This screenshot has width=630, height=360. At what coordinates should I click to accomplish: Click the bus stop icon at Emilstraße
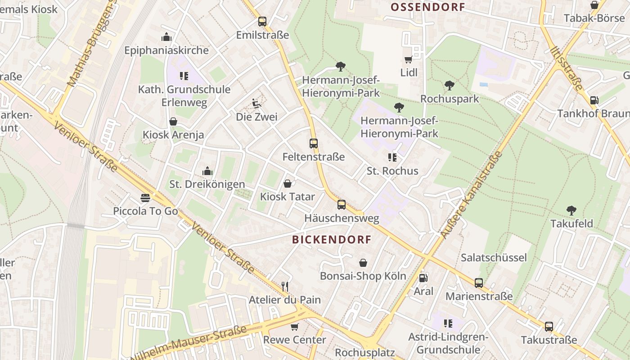pyautogui.click(x=262, y=21)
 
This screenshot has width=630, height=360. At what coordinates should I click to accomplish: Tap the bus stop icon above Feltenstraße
pyautogui.click(x=314, y=144)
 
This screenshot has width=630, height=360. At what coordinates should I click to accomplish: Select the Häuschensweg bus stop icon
pyautogui.click(x=342, y=205)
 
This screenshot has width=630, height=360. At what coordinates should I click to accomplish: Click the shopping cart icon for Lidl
pyautogui.click(x=409, y=59)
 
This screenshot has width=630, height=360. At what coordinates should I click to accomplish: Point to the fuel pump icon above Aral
pyautogui.click(x=423, y=278)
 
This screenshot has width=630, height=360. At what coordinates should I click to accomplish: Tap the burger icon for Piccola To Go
pyautogui.click(x=145, y=198)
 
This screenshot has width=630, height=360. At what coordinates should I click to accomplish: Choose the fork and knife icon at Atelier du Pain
pyautogui.click(x=284, y=286)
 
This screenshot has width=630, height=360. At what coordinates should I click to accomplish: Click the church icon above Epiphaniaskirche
pyautogui.click(x=166, y=37)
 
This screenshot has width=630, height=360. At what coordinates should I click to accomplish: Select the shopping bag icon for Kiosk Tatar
pyautogui.click(x=288, y=184)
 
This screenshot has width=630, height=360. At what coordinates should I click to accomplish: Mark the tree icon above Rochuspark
pyautogui.click(x=449, y=85)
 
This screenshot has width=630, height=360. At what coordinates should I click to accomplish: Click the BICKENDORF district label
pyautogui.click(x=332, y=239)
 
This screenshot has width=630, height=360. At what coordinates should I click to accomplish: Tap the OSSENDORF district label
pyautogui.click(x=427, y=7)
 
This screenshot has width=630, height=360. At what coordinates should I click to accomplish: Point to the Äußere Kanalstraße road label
pyautogui.click(x=471, y=195)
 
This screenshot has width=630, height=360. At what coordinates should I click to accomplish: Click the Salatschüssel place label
pyautogui.click(x=494, y=257)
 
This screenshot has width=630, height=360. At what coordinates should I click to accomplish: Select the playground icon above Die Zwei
pyautogui.click(x=256, y=103)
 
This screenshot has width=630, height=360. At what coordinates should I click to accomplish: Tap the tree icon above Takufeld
pyautogui.click(x=571, y=210)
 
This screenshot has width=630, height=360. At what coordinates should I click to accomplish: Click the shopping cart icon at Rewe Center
pyautogui.click(x=294, y=327)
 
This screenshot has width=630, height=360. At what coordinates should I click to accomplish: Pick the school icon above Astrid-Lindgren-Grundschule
pyautogui.click(x=448, y=323)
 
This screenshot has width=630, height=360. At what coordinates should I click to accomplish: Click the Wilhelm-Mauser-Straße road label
pyautogui.click(x=189, y=342)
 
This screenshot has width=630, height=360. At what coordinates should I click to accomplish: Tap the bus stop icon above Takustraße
pyautogui.click(x=549, y=327)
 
